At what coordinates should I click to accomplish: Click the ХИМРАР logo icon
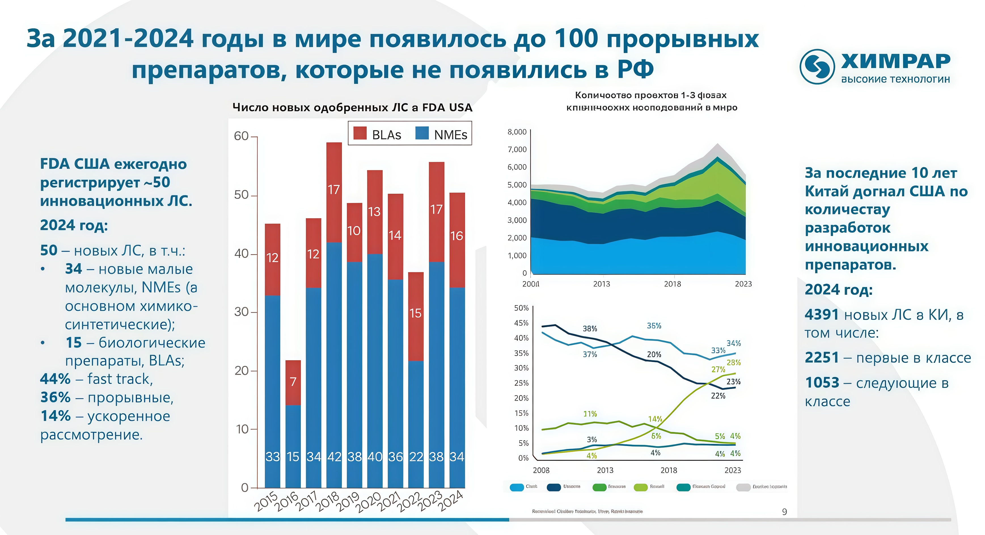817,67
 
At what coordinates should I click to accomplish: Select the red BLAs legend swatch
360,133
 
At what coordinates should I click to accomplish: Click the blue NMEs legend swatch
422,133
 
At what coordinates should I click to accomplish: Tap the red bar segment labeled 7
293,382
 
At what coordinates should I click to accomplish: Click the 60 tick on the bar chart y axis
241,136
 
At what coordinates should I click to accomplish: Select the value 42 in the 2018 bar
334,456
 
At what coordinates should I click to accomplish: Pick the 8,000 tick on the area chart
517,132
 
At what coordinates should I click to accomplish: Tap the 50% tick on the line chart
521,308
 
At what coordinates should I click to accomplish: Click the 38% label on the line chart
590,329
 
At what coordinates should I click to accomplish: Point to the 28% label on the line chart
734,363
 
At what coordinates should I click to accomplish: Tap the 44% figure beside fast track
56,379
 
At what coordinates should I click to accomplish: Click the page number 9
784,512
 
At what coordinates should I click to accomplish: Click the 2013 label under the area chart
601,284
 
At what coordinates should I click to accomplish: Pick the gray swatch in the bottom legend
743,487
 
